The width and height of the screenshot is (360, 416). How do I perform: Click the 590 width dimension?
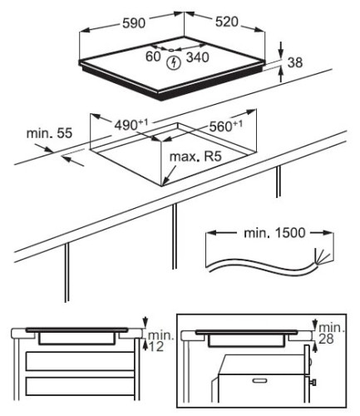point(134,23)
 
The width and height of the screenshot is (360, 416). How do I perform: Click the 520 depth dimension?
point(227,22)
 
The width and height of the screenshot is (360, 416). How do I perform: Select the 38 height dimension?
point(295,62)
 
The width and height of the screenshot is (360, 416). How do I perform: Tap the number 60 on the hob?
point(153,57)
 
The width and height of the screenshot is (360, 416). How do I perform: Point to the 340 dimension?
point(197,57)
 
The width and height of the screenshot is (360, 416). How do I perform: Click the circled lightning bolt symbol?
point(174,62)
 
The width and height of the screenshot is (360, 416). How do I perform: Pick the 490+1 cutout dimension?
point(131,125)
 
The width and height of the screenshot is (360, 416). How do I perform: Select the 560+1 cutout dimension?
point(226,126)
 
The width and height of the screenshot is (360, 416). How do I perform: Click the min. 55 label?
point(49,133)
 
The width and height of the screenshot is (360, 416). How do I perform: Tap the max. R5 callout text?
point(195,156)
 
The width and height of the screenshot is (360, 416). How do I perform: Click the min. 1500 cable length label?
point(274,233)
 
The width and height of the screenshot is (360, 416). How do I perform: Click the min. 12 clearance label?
point(160,341)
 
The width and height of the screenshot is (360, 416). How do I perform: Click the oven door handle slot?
point(259,380)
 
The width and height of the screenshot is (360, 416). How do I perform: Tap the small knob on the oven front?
point(313,383)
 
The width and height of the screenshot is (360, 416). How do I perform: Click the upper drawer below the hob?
point(80,361)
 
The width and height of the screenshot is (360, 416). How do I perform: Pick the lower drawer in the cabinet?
point(80,386)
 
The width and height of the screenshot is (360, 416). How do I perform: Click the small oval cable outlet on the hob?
point(171,50)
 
